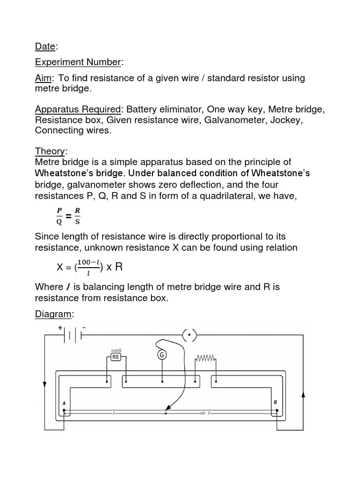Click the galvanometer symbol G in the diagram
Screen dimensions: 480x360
162,355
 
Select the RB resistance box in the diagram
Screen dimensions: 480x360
115,357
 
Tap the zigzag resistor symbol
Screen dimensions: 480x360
205,358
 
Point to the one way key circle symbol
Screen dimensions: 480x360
189,335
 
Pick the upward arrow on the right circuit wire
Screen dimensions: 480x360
303,396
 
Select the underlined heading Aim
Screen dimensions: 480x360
43,78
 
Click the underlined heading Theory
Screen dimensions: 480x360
51,151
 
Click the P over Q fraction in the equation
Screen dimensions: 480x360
59,216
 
